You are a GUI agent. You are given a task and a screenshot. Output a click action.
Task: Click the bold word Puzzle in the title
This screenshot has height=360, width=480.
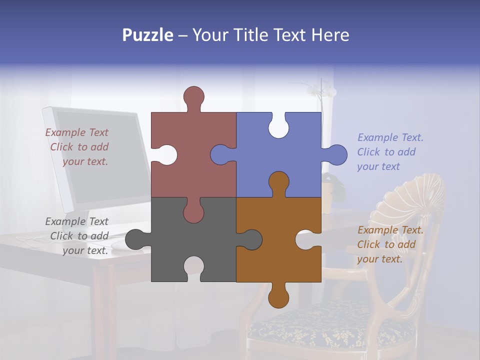147,35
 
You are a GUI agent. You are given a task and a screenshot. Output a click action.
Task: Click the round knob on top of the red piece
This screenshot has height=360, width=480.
193,97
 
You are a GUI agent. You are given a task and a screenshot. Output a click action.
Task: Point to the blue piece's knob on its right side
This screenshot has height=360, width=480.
336,155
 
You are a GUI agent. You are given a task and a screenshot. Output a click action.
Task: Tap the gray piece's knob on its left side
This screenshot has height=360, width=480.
136,239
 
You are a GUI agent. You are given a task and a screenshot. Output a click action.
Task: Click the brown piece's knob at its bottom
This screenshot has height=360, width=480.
278,296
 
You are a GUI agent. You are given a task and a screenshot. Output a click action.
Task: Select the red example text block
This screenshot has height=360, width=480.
77,147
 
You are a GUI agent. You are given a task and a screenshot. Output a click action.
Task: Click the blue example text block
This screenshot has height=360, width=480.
389,152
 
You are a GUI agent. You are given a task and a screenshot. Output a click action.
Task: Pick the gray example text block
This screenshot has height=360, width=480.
77,236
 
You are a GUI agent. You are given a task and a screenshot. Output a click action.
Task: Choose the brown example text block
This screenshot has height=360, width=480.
389,244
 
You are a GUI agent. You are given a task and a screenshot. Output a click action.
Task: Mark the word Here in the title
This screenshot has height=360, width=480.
330,35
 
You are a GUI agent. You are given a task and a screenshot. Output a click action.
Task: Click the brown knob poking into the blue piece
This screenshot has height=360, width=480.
278,183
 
